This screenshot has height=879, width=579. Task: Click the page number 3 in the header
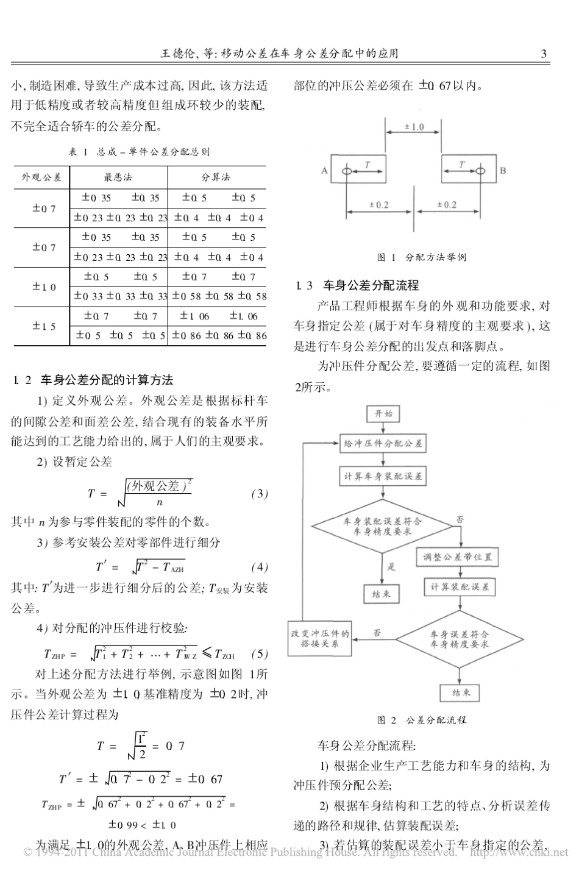pos(544,54)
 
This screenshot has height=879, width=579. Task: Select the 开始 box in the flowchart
pos(383,414)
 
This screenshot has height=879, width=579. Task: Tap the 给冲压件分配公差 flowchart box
pos(383,444)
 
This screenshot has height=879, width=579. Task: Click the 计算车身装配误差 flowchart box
pos(383,475)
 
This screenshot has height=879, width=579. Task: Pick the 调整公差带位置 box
pos(458,557)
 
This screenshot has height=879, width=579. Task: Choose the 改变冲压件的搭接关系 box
pos(320,638)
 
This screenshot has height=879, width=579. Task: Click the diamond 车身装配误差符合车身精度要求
pos(383,526)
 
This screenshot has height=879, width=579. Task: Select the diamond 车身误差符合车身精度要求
pos(458,639)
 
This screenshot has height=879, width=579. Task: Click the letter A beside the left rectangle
pos(324,171)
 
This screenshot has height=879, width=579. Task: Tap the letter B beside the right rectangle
pos(503,171)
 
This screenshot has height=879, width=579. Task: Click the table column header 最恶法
pos(118,177)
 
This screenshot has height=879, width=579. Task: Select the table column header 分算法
pos(216,177)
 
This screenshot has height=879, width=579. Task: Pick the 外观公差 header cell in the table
pos(41,177)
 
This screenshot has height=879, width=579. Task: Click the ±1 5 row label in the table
pos(44,326)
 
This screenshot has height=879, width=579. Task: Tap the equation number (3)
pos(260,494)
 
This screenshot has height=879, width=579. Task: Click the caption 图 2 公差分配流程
pos(422,720)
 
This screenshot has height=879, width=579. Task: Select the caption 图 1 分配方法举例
pos(422,257)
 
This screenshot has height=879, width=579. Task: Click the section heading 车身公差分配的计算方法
pos(107,380)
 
